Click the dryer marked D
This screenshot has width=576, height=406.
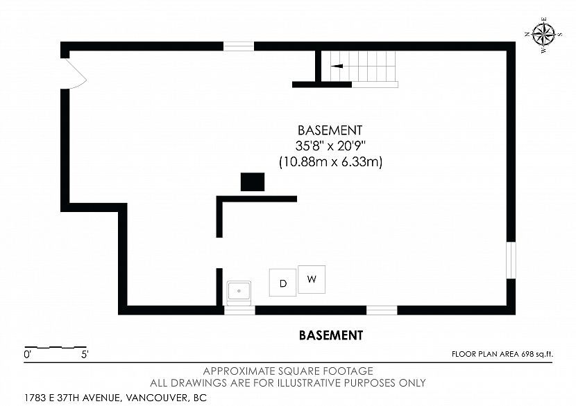tap(282, 283)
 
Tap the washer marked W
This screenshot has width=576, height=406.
tap(312, 279)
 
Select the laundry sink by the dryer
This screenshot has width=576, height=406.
tap(239, 292)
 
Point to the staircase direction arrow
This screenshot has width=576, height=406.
tap(337, 66)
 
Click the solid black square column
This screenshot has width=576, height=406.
tap(253, 182)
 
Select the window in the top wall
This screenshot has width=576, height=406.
tap(239, 46)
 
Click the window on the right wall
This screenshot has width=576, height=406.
tap(511, 260)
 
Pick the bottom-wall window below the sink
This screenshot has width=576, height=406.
tap(239, 310)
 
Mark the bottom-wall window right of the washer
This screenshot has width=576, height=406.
tap(382, 310)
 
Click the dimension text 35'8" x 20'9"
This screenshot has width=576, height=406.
tap(331, 146)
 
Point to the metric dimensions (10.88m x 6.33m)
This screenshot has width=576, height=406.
tap(331, 161)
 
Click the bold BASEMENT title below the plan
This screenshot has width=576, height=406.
tap(331, 335)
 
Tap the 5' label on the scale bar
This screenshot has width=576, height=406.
tap(85, 355)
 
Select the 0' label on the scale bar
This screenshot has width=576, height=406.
tap(27, 355)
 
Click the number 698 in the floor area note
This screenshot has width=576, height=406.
tap(527, 354)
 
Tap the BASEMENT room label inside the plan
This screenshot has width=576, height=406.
tap(330, 130)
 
